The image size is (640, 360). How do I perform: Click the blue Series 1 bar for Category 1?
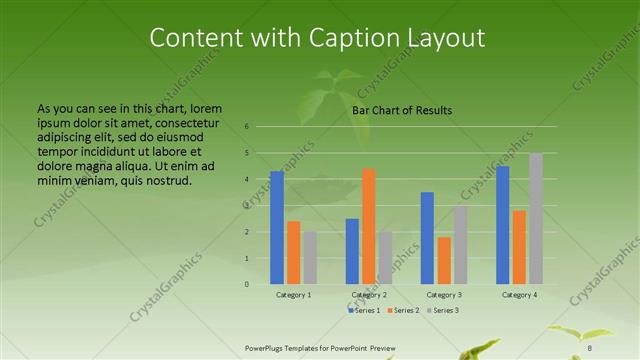pos(277,228)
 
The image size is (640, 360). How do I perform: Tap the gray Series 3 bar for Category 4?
pos(535,219)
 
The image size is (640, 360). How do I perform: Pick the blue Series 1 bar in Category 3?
pos(427,238)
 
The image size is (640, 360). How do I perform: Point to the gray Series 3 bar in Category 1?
pos(310,258)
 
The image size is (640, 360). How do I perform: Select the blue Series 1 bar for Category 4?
pos(502,225)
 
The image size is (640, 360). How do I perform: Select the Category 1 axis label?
pos(293,295)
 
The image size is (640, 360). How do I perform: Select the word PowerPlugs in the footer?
pos(267,347)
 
